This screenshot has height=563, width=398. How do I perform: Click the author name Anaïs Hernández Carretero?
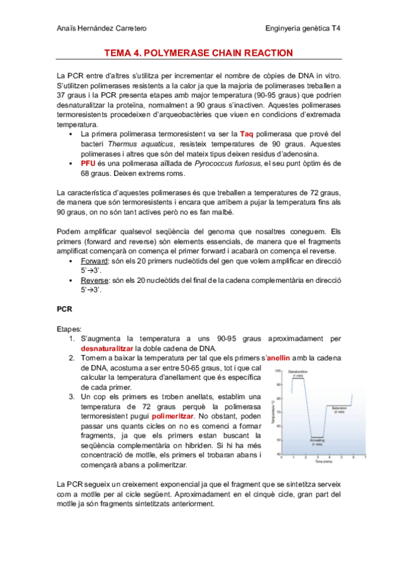click(102, 29)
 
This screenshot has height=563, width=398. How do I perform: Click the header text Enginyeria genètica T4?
click(302, 29)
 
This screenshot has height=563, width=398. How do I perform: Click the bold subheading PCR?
click(64, 309)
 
